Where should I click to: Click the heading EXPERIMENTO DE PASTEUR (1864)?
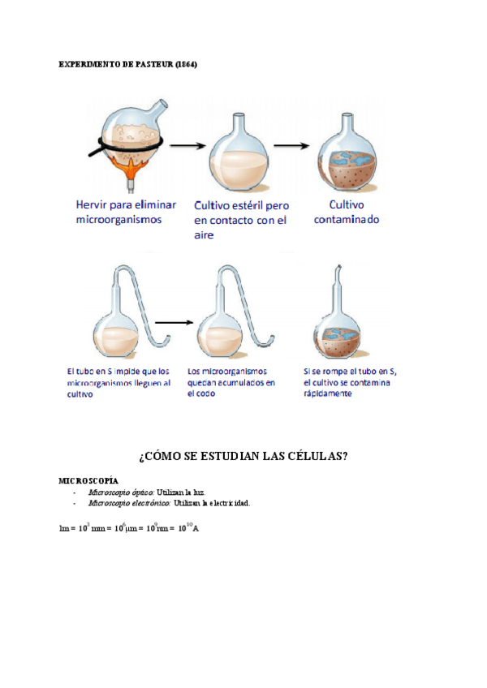(128, 64)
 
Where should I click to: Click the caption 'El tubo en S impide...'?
(119, 381)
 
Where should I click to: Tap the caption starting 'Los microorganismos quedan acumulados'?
(231, 381)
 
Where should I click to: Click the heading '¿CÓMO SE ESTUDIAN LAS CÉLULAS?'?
(243, 456)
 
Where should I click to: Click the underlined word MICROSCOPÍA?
(88, 481)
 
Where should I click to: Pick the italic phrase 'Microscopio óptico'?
(123, 492)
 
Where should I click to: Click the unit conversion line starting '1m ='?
(129, 528)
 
